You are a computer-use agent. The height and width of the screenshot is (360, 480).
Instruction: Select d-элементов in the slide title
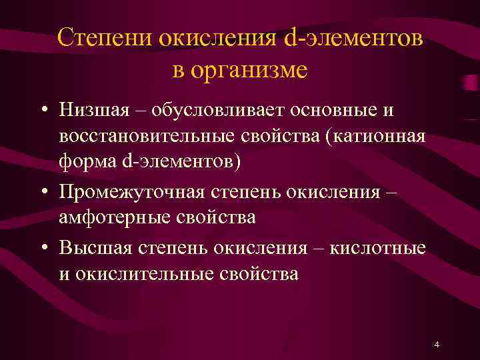353,38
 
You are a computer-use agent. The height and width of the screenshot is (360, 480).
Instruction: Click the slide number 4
436,344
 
